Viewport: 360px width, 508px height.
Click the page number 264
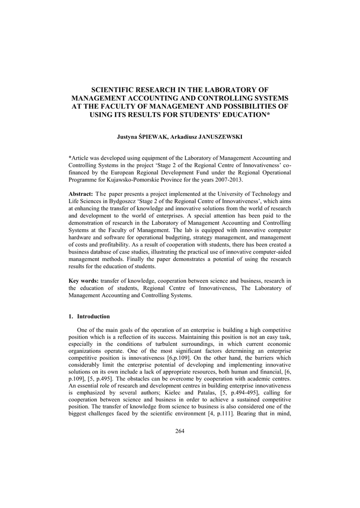click(x=180, y=431)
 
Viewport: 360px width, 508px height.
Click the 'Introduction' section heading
click(x=93, y=317)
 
